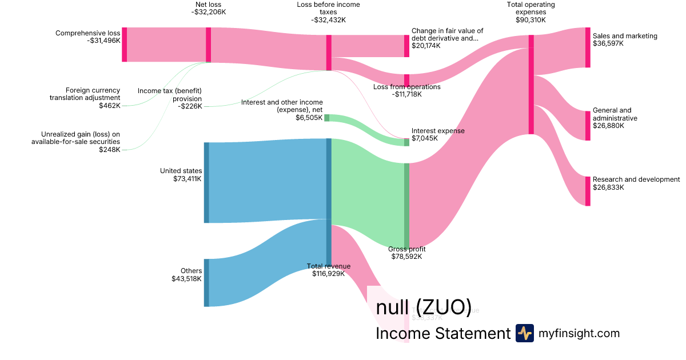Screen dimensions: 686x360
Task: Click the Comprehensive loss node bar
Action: pyautogui.click(x=124, y=44)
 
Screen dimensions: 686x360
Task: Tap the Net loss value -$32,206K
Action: pyautogui.click(x=209, y=11)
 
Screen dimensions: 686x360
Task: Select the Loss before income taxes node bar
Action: pyautogui.click(x=329, y=53)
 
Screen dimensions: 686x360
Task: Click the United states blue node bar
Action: pyautogui.click(x=206, y=182)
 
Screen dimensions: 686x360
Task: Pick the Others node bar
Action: pyautogui.click(x=206, y=282)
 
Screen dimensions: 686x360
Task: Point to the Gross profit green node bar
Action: pyautogui.click(x=406, y=205)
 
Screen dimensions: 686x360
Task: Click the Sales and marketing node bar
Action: pyautogui.click(x=588, y=47)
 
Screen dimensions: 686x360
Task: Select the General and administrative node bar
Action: pyautogui.click(x=588, y=126)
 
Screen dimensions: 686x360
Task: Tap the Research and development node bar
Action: pyautogui.click(x=588, y=191)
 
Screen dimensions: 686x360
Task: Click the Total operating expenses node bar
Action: pyautogui.click(x=531, y=85)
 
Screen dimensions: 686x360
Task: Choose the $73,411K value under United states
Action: pyautogui.click(x=188, y=179)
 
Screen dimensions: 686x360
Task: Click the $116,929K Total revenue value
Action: pyautogui.click(x=329, y=274)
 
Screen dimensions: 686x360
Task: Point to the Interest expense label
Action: pyautogui.click(x=438, y=131)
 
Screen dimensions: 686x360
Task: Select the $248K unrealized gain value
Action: pyautogui.click(x=110, y=150)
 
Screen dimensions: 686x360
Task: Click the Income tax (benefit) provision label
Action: pyautogui.click(x=170, y=94)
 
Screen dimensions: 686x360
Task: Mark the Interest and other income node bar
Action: pyautogui.click(x=326, y=118)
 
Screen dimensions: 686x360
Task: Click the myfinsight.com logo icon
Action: pyautogui.click(x=524, y=333)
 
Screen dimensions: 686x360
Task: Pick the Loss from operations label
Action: pyautogui.click(x=406, y=87)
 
